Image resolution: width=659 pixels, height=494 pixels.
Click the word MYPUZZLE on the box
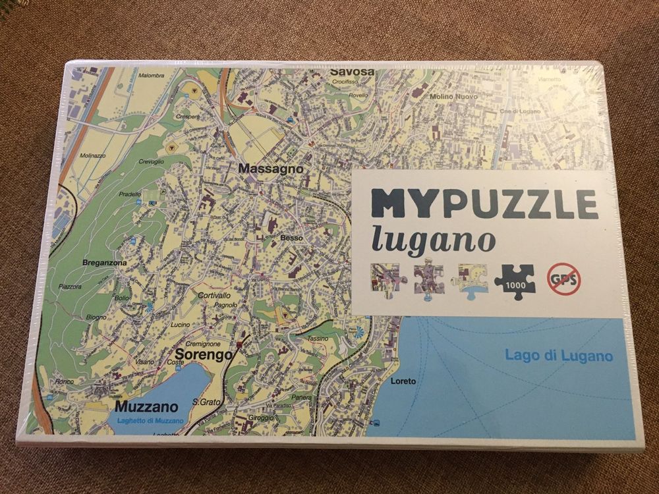click(484, 204)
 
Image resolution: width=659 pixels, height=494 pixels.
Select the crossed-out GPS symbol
click(563, 279)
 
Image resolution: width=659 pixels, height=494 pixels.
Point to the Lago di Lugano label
click(559, 356)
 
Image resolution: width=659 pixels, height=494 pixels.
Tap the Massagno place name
click(271, 169)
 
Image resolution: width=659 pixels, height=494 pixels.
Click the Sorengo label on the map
click(205, 355)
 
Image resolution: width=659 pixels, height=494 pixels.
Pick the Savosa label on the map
click(352, 71)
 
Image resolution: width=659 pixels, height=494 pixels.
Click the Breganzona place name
click(103, 262)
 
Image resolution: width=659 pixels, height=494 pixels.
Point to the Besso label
click(291, 237)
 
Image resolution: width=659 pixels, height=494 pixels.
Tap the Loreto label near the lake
click(403, 381)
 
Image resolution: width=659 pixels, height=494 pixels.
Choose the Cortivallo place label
click(214, 295)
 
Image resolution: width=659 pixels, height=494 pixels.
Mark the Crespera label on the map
click(188, 116)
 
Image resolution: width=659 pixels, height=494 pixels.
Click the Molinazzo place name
click(92, 156)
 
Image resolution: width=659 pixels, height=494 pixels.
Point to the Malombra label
click(151, 76)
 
